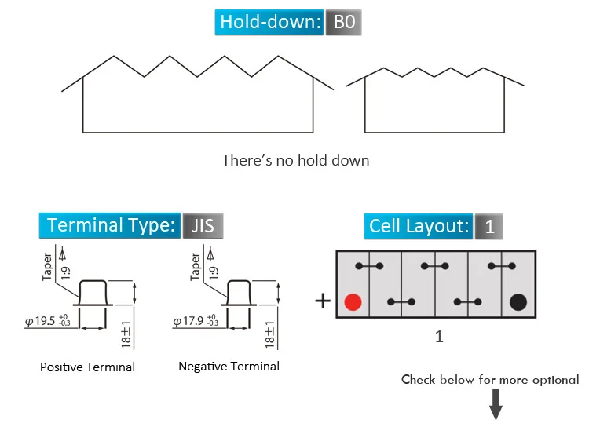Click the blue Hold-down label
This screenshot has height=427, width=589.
(x=269, y=22)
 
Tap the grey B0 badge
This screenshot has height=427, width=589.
(x=344, y=22)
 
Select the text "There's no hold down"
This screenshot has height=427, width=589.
(x=295, y=161)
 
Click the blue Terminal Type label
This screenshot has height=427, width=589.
(x=110, y=226)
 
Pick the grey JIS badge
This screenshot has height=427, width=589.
(x=203, y=226)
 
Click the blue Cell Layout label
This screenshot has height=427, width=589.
(x=419, y=227)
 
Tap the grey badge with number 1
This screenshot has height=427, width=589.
(x=488, y=227)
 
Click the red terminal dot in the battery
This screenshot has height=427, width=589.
(x=353, y=301)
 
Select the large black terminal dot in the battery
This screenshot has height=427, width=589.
(x=518, y=301)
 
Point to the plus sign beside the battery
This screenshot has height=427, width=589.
(x=322, y=301)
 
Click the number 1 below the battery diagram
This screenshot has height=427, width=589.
(x=439, y=336)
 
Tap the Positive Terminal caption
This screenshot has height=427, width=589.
(x=87, y=367)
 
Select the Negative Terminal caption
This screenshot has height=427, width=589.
(x=229, y=367)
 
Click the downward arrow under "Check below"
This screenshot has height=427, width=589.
(x=496, y=405)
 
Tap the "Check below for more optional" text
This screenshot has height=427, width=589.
(x=490, y=380)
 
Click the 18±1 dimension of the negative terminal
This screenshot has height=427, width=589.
(x=270, y=334)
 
